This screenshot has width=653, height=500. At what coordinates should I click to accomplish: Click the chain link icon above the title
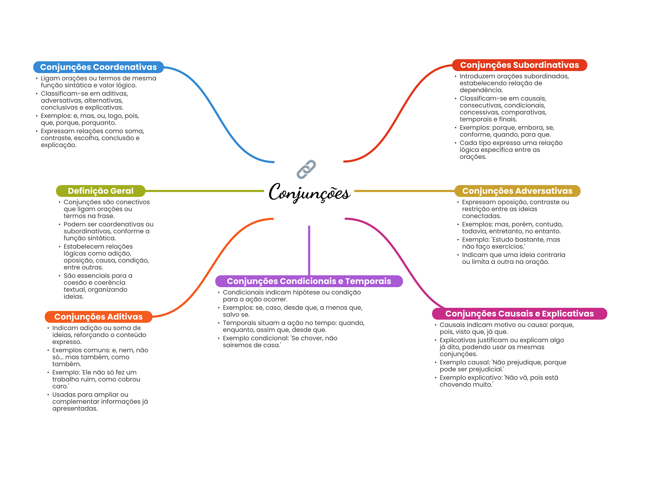(306, 169)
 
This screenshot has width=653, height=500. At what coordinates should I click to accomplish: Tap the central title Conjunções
(309, 192)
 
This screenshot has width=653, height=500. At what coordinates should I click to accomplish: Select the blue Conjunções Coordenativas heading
(99, 67)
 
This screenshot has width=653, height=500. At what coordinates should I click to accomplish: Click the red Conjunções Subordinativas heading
(519, 65)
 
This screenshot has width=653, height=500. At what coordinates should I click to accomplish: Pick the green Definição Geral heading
(100, 191)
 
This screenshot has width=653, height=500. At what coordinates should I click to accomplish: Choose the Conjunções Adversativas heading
(517, 191)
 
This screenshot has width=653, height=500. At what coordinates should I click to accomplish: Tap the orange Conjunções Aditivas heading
(99, 317)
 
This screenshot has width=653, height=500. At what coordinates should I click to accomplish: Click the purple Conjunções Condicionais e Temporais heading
(309, 281)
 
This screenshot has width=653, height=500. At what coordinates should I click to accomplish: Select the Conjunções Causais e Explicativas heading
(519, 314)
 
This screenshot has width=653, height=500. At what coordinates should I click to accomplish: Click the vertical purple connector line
(309, 250)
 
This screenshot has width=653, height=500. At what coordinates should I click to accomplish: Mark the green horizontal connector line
(204, 191)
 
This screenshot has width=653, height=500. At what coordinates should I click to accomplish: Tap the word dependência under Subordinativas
(481, 90)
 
